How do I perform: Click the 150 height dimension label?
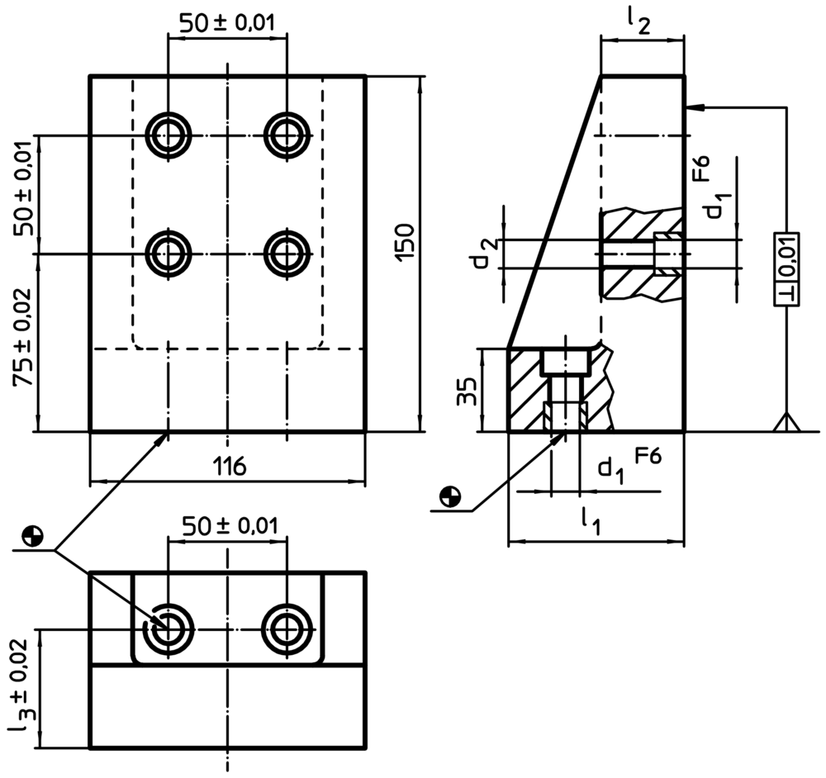pos(405,242)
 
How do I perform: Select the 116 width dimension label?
pos(230,467)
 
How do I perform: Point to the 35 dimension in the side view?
pos(467,391)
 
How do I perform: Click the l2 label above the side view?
pos(638,22)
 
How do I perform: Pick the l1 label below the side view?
pos(591,521)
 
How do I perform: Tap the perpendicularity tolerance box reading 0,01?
pos(786,269)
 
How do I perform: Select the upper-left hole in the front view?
pos(169,135)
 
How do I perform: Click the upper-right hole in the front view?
pos(287,135)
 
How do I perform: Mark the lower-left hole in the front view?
pos(169,254)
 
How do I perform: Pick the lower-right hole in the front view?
pos(287,254)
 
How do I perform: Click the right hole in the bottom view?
pos(287,629)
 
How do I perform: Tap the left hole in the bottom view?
pos(169,629)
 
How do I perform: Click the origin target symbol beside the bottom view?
pos(33,536)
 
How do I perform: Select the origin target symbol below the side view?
pos(450,496)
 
